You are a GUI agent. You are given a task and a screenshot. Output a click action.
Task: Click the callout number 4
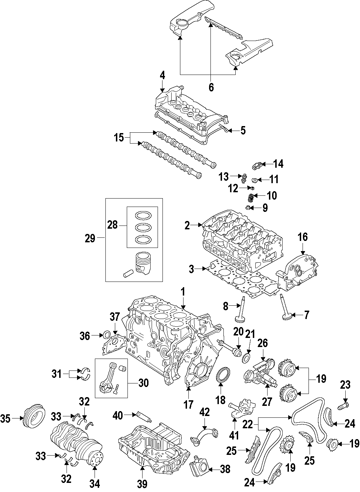[162, 75]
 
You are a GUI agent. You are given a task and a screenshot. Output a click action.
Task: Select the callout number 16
[303, 237]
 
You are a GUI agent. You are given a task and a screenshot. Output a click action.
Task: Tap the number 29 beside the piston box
[90, 239]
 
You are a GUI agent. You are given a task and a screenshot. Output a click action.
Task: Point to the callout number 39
[142, 484]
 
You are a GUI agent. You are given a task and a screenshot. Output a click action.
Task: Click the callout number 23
[345, 385]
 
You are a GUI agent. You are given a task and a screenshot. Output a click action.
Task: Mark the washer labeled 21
[247, 358]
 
